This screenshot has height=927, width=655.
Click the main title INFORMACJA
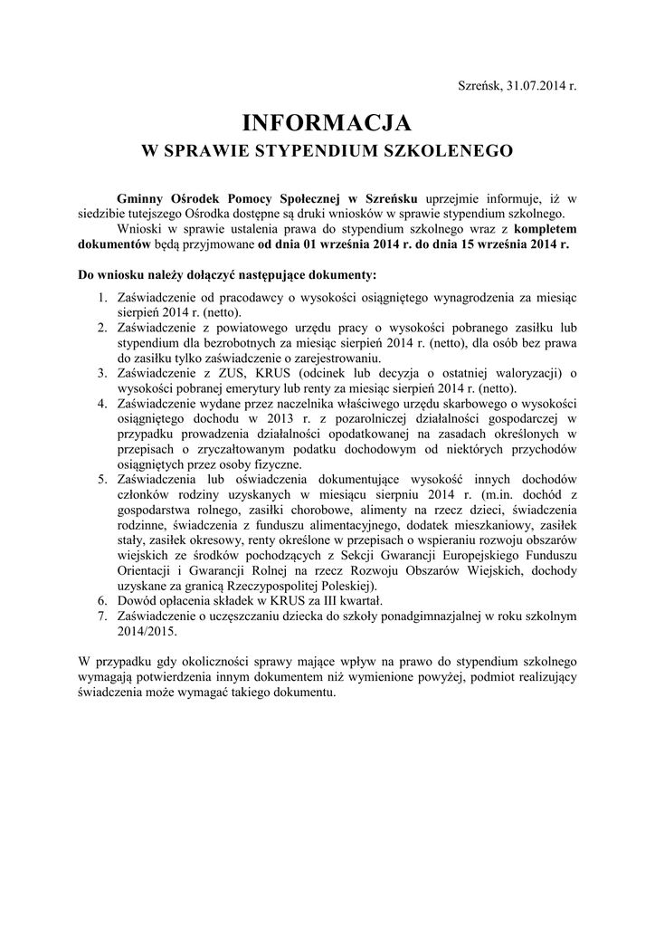[x=327, y=121]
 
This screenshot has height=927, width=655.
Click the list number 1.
[x=102, y=297]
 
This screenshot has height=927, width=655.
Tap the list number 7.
[x=102, y=616]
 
